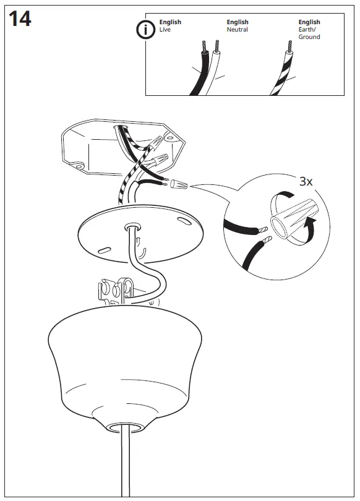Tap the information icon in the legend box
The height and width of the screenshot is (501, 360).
[x=146, y=29]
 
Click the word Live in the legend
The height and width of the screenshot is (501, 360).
[x=165, y=29]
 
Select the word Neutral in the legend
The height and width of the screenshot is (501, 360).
[x=237, y=29]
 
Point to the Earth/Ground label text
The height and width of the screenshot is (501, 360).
[x=309, y=33]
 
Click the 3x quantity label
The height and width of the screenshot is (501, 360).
[x=306, y=181]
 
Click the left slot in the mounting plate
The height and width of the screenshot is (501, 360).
[x=104, y=249]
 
